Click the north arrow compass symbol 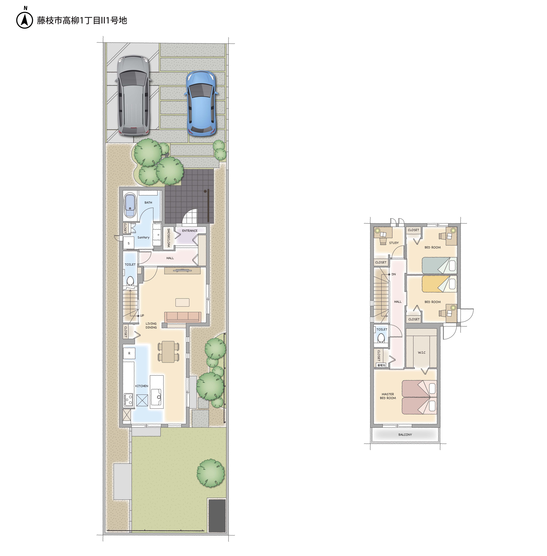pos(25,20)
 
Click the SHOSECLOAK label pos(169,238)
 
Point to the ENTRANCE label pos(190,230)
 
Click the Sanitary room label pos(143,237)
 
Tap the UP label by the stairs pos(142,316)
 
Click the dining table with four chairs pos(168,352)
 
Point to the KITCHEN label pos(142,386)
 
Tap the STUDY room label pos(394,243)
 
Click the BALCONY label pos(405,435)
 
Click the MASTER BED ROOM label pos(388,396)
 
